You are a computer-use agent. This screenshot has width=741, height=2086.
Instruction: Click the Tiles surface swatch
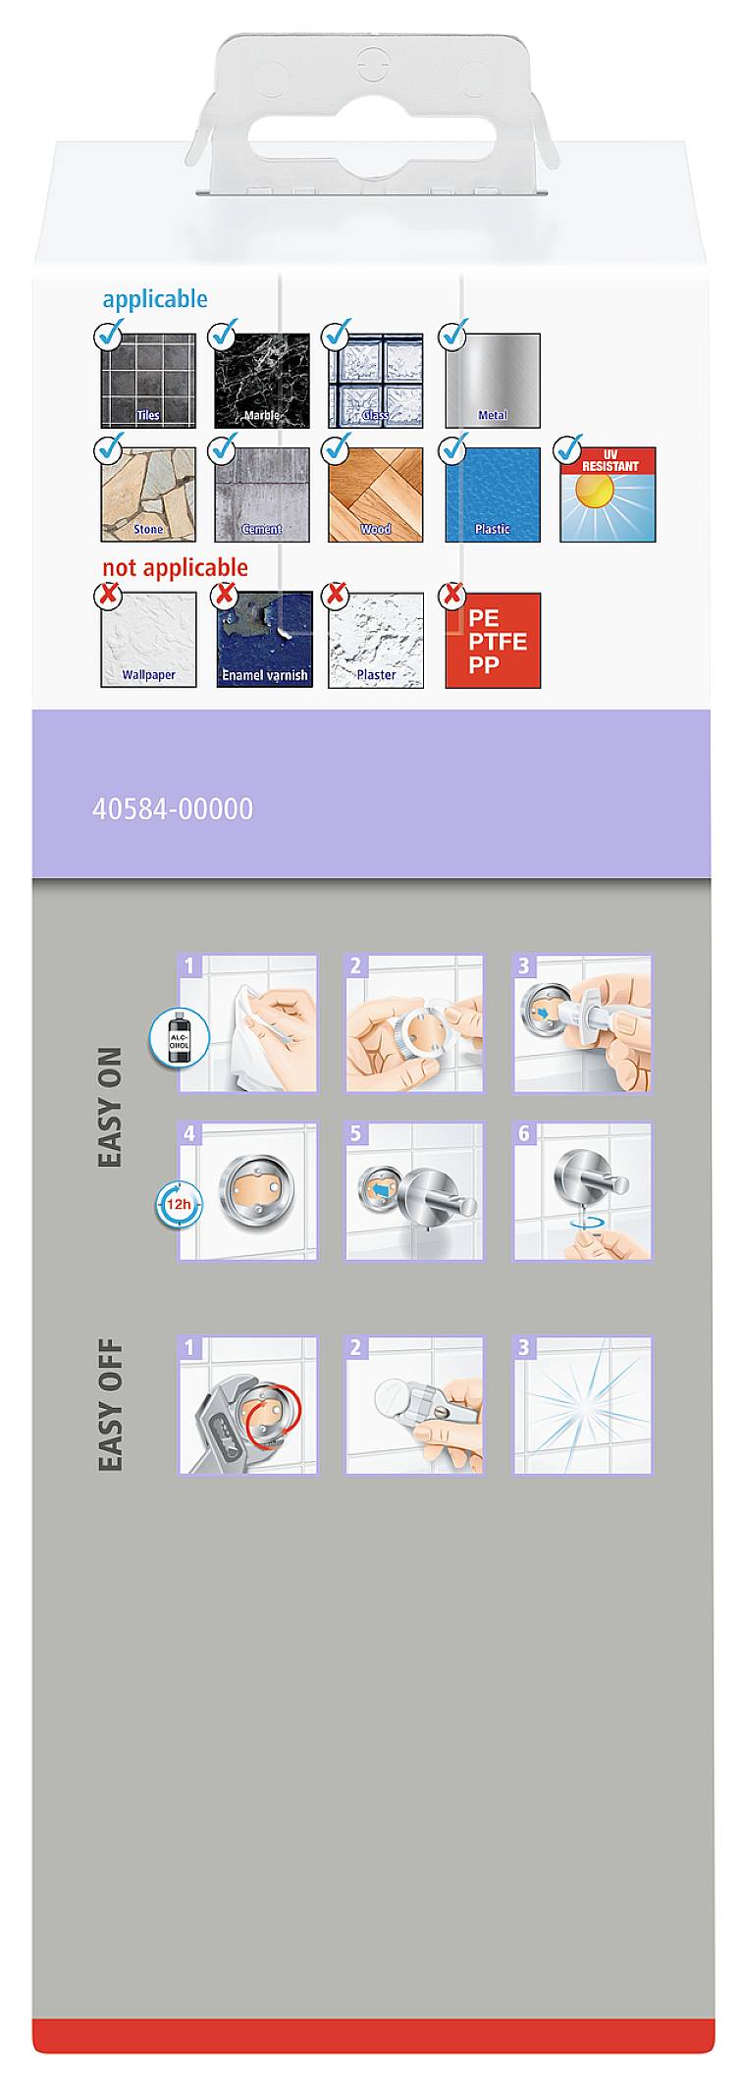(x=148, y=381)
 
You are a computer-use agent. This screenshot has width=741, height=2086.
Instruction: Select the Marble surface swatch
(x=262, y=381)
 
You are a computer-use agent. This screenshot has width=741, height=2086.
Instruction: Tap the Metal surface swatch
(x=493, y=381)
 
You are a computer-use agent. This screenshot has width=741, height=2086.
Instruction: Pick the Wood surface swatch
(x=376, y=495)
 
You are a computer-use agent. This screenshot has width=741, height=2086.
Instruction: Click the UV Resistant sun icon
(x=608, y=495)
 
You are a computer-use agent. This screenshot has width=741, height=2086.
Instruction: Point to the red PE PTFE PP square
(x=493, y=641)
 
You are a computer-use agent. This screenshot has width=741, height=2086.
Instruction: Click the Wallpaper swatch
(x=148, y=640)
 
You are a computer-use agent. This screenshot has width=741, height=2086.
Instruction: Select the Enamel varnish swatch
(x=264, y=640)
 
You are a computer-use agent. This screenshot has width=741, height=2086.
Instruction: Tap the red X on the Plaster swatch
(x=337, y=595)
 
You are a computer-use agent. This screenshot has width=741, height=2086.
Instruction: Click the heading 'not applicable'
(x=175, y=567)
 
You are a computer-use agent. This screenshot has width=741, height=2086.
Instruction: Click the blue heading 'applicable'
(x=155, y=299)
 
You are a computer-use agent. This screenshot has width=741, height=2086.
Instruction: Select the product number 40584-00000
(x=173, y=808)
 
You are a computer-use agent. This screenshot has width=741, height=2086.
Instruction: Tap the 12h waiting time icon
(x=178, y=1204)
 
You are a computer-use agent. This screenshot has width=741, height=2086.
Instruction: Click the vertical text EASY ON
(x=111, y=1107)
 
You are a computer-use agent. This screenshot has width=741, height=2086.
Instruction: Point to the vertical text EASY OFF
(x=111, y=1405)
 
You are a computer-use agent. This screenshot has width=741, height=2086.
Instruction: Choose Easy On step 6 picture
(x=583, y=1191)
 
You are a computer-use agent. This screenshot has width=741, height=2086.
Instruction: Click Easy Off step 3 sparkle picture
(x=583, y=1404)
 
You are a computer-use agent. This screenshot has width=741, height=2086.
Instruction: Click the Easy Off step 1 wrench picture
(x=247, y=1404)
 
